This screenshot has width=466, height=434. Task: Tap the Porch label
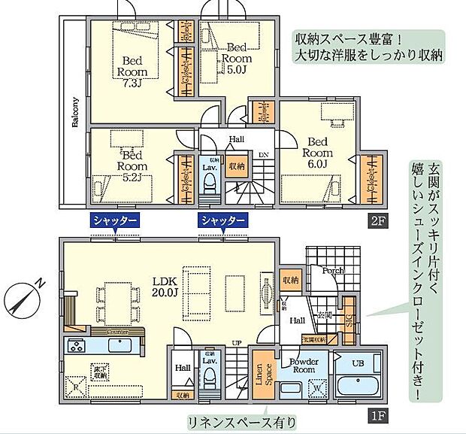coord(333,271)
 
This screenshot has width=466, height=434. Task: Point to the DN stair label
coord(263,154)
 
